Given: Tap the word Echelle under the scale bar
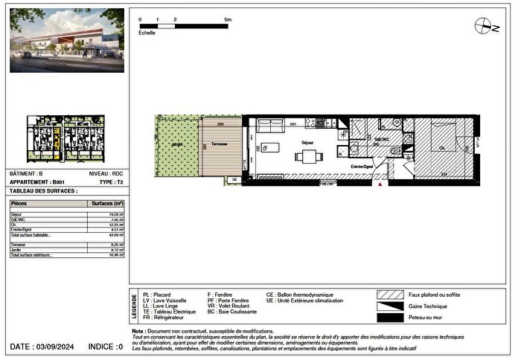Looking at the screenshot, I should (x=147, y=33).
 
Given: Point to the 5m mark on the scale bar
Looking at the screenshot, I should (x=228, y=19).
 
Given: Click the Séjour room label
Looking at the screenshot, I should (x=307, y=141).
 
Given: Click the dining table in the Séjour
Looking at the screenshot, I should (x=308, y=157).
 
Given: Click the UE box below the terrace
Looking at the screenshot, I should (x=234, y=179).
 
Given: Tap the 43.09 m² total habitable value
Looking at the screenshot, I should (x=116, y=235).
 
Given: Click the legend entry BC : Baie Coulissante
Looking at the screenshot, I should (x=231, y=312).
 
